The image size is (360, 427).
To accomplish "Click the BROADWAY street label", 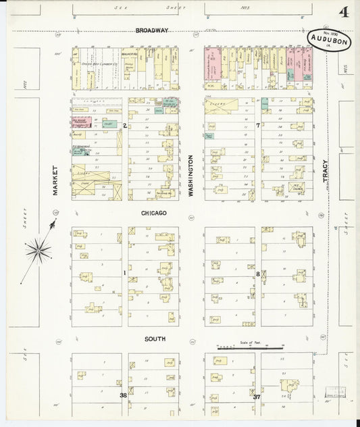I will point(151,30).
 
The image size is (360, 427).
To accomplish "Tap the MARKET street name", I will point(56,180).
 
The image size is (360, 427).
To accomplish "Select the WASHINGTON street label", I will point(191,176).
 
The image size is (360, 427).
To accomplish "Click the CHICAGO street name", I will point(154,212).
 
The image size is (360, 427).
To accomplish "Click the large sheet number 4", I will point(344,13).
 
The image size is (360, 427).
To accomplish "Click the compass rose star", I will point(38,251).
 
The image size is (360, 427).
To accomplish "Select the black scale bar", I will point(250,347).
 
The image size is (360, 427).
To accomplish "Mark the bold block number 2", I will point(125,126).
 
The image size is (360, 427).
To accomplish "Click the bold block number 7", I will point(259,126).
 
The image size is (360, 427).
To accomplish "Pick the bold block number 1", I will point(125,273).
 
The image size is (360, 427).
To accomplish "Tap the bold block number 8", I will point(259,273).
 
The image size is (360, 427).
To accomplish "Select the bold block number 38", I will point(124,395).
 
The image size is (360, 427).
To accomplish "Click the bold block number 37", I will point(257,397).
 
